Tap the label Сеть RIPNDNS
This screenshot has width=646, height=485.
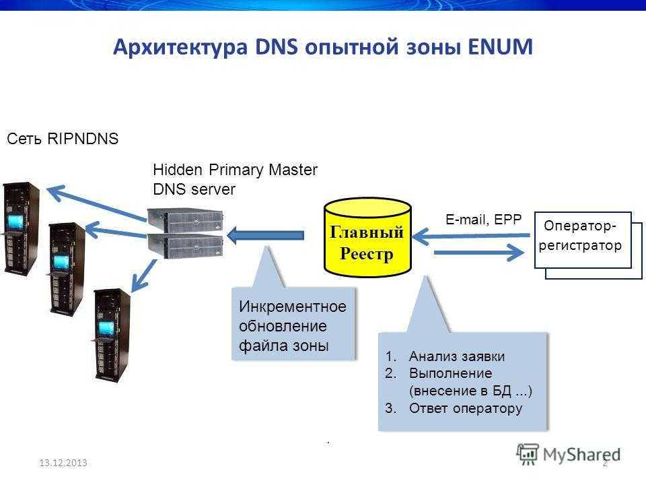pos(63,139)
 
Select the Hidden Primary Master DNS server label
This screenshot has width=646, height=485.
pos(235,179)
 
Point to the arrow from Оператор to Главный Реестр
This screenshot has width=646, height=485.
pos(471,236)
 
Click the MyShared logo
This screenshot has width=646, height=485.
pos(569,453)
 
